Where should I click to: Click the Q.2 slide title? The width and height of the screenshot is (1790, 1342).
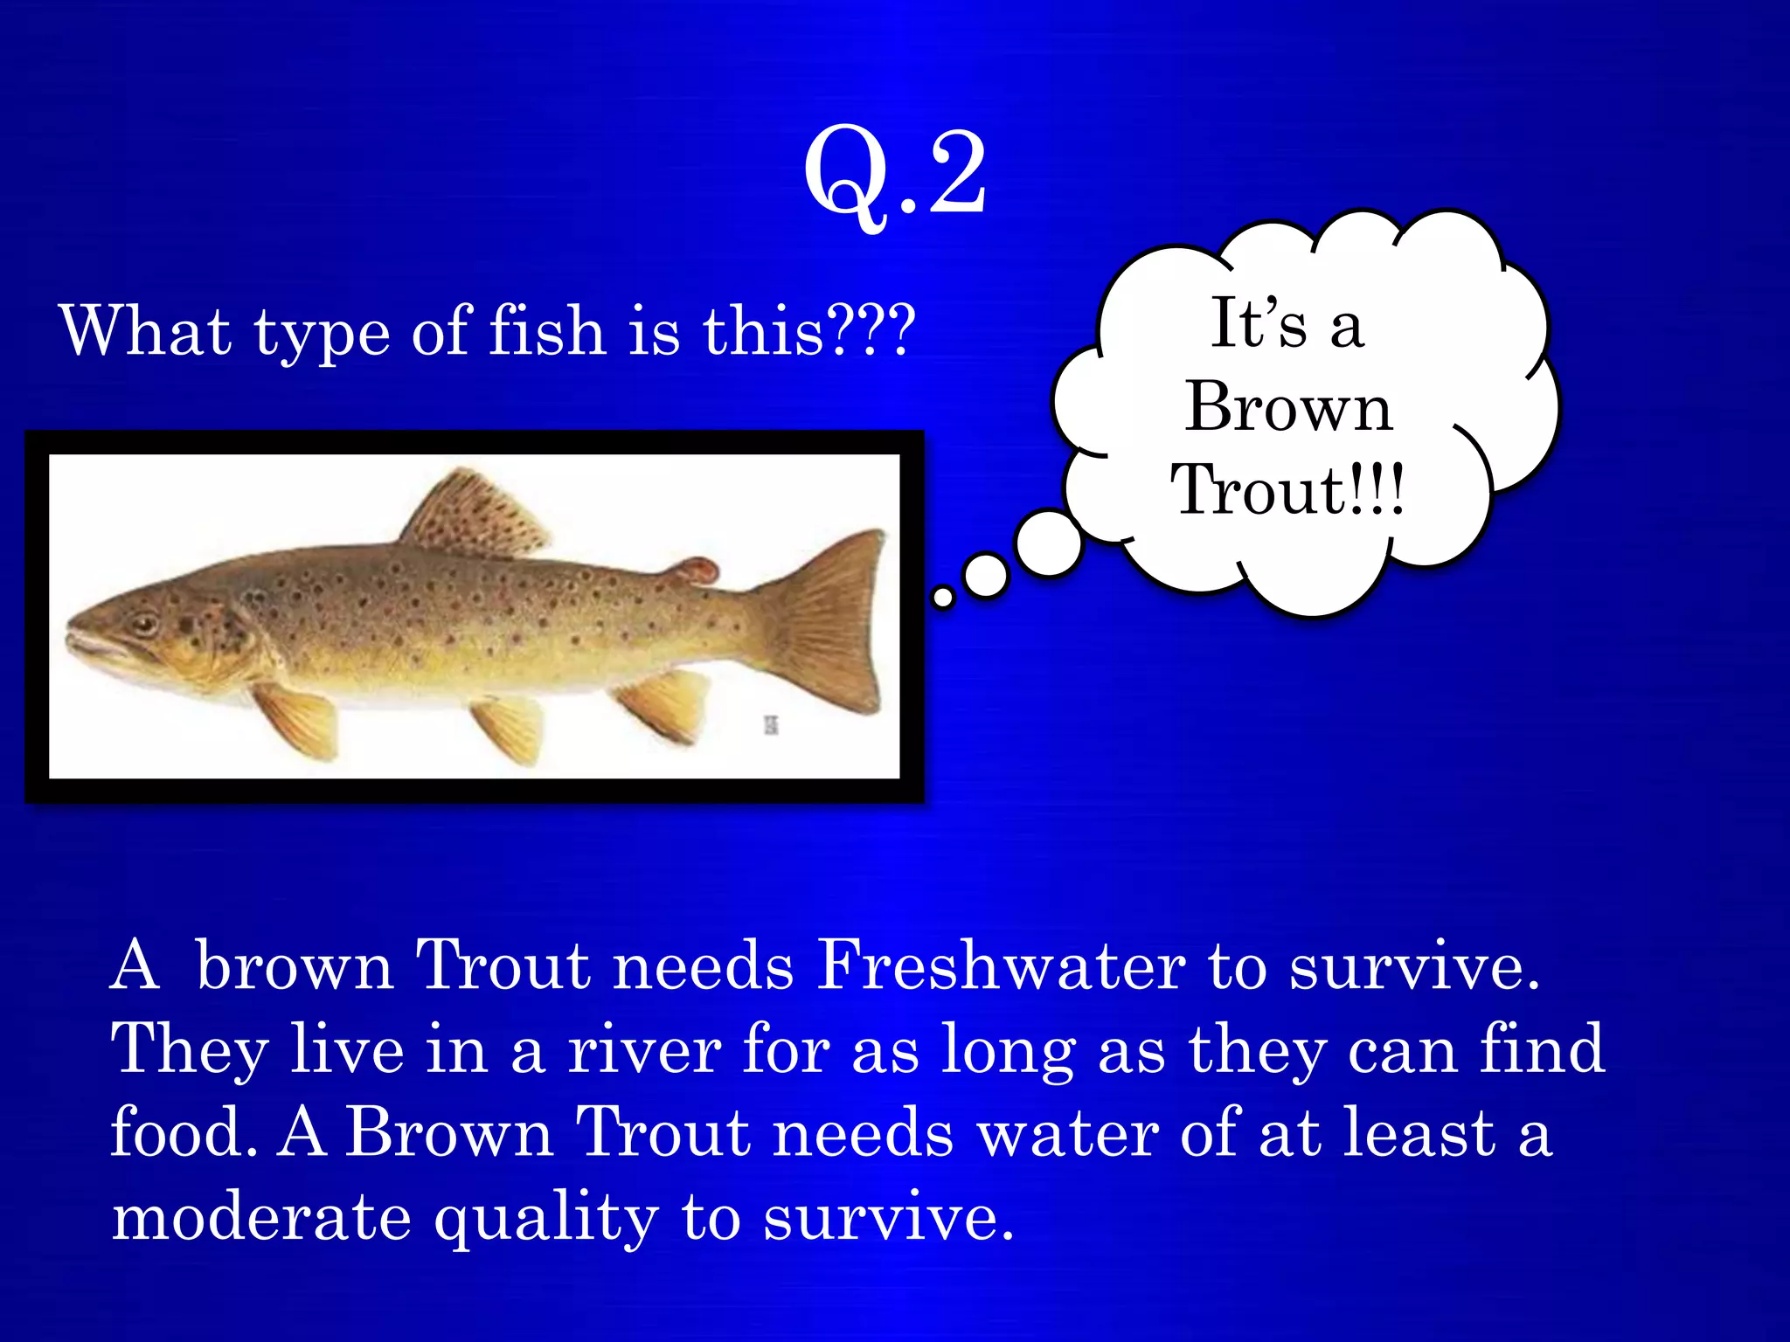click(x=895, y=174)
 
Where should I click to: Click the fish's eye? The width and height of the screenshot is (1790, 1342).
click(x=143, y=624)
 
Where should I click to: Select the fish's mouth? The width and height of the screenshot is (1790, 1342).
click(x=87, y=642)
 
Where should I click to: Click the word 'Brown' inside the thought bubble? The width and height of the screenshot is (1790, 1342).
click(x=1288, y=407)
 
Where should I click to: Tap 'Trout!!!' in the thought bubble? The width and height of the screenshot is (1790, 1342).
click(x=1288, y=490)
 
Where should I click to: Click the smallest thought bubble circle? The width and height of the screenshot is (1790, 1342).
click(x=943, y=598)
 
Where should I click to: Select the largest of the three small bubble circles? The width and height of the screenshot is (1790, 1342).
click(x=1049, y=543)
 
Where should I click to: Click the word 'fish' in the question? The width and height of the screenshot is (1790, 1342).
click(x=547, y=331)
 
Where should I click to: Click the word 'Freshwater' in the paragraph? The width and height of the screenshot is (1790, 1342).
click(x=1001, y=966)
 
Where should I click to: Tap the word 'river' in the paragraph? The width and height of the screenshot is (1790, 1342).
click(x=644, y=1049)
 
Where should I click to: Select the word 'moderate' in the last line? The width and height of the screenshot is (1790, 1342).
click(x=261, y=1217)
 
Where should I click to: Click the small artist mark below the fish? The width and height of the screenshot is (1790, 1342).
click(x=771, y=724)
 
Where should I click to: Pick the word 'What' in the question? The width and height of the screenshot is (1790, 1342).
click(x=145, y=331)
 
